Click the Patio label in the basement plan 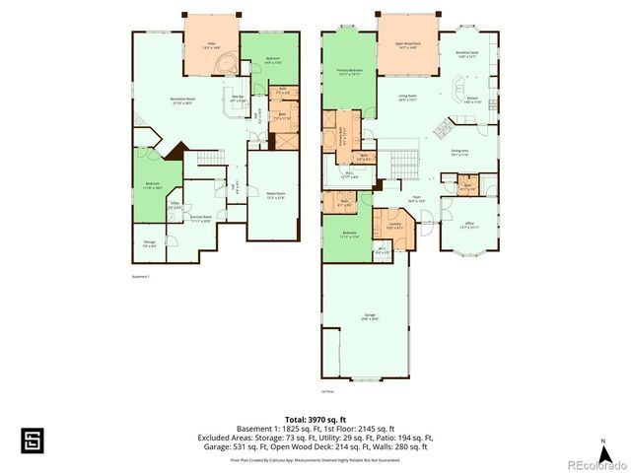[209, 45]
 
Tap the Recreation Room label [180, 101]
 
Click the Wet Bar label [238, 98]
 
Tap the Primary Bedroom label [349, 72]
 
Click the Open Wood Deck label [407, 45]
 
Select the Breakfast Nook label [467, 54]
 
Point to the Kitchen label [471, 100]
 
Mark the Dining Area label [459, 153]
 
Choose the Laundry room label [394, 226]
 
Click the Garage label [368, 317]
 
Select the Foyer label [416, 198]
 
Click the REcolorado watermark [596, 464]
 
